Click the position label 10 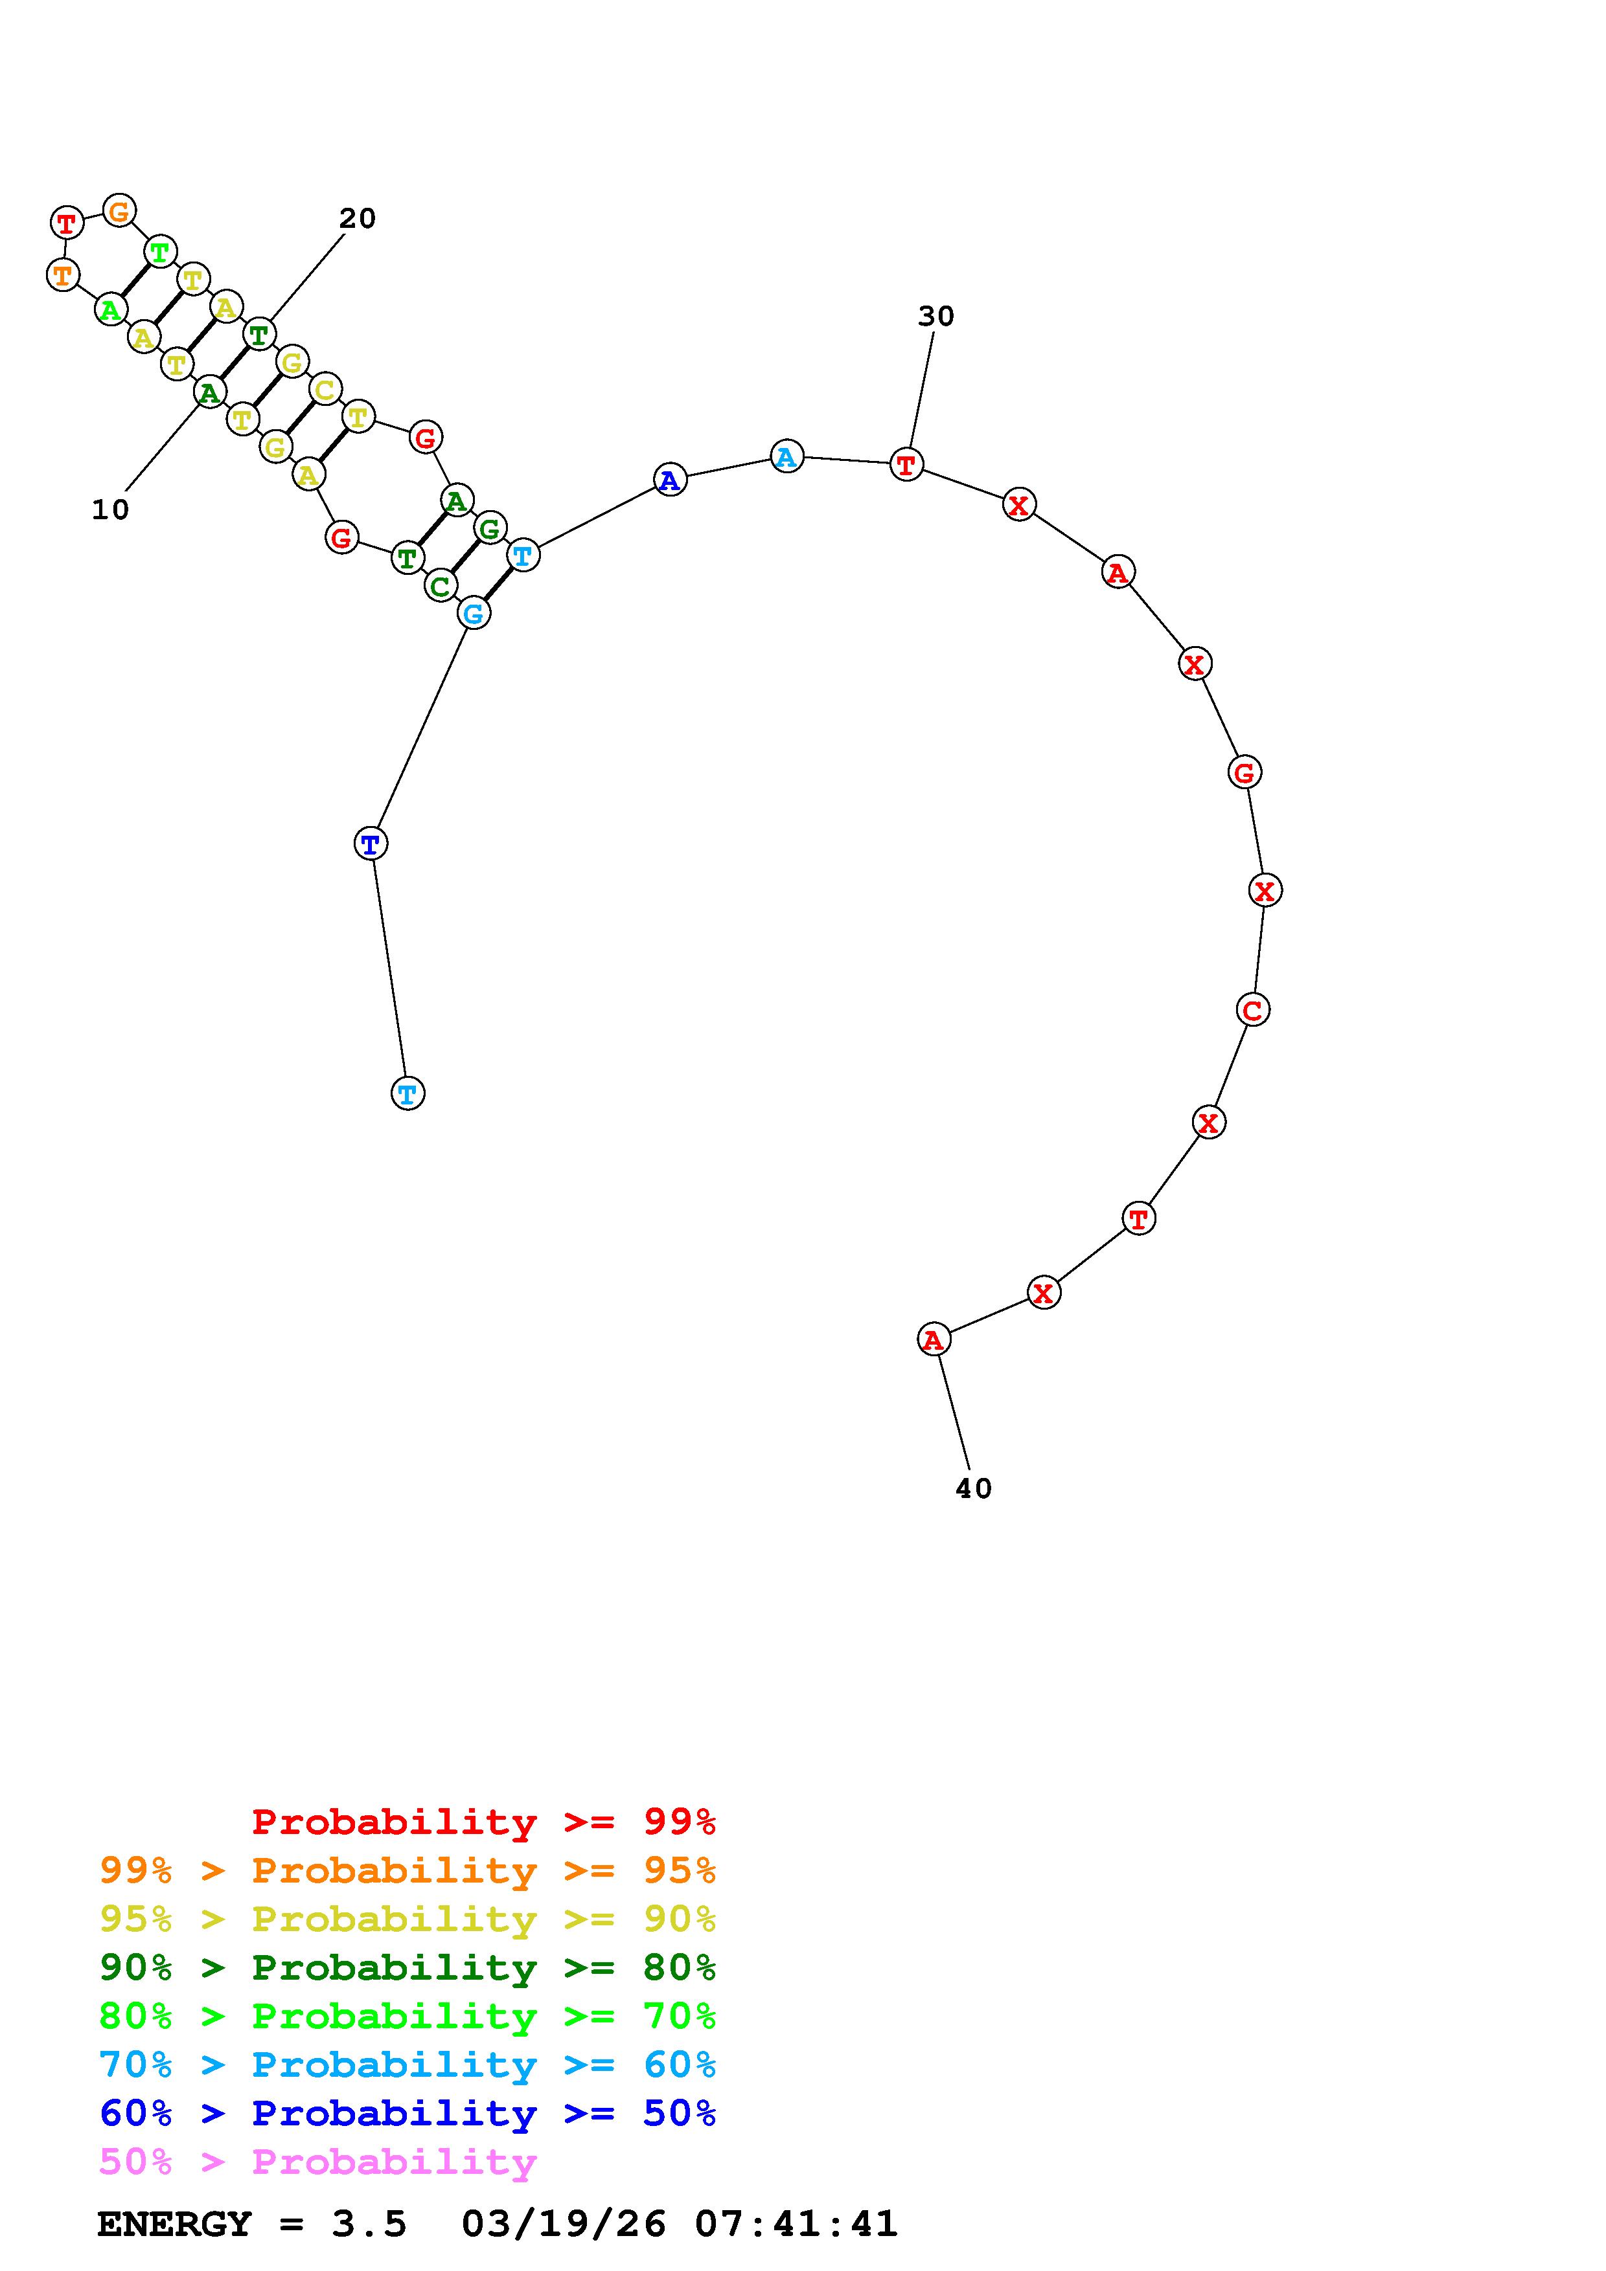click(x=111, y=509)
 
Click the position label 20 click(x=357, y=219)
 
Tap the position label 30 click(x=935, y=317)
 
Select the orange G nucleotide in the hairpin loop click(x=119, y=210)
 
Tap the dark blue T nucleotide click(x=370, y=844)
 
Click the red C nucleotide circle click(x=1253, y=1010)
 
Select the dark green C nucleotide click(x=441, y=586)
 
